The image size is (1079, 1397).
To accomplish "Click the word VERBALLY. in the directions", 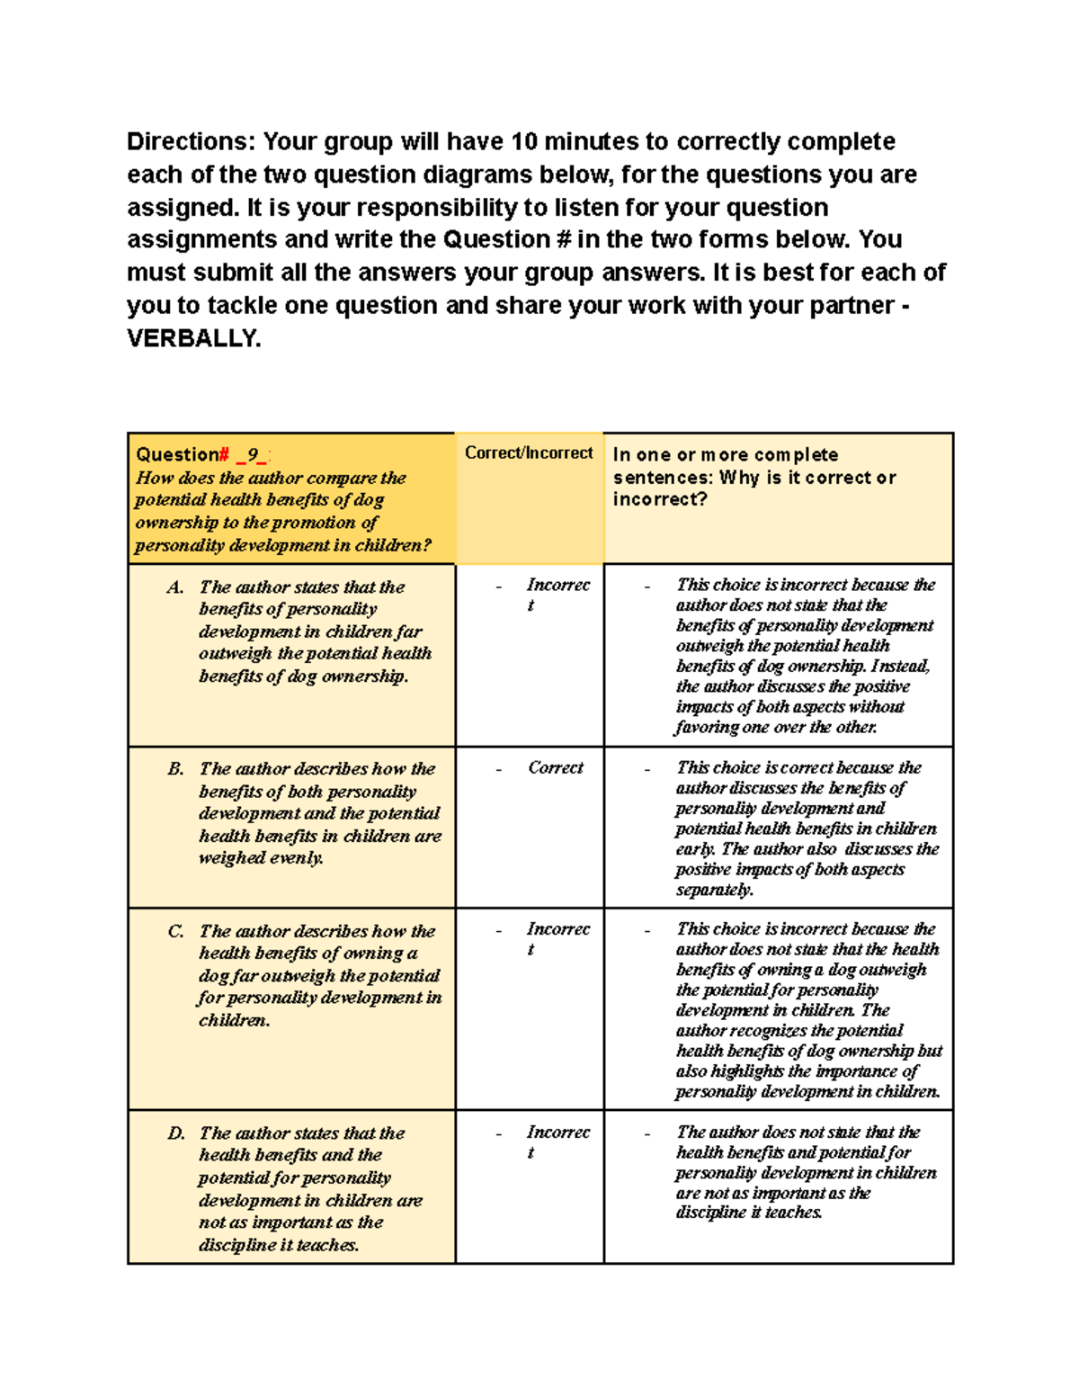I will (x=193, y=339).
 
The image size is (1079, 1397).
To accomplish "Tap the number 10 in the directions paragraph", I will (x=524, y=142).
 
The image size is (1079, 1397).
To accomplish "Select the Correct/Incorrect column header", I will (x=529, y=453).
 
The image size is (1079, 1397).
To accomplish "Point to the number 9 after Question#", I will (x=254, y=455).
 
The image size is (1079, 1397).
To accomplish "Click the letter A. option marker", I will (x=175, y=587).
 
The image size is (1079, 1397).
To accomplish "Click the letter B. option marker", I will (x=175, y=769).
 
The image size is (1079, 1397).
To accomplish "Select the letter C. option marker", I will (x=175, y=931).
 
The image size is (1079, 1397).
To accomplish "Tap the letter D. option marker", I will (x=176, y=1133).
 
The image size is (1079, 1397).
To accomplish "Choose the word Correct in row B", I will (x=555, y=768).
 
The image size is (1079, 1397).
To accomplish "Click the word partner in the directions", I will (x=852, y=306).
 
